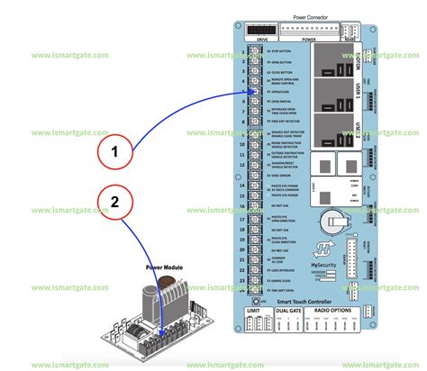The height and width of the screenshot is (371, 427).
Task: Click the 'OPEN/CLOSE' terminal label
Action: [x=274, y=93]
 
